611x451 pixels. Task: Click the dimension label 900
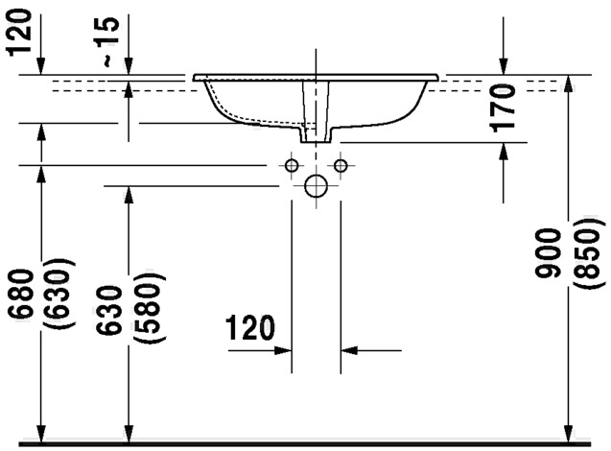coord(548,253)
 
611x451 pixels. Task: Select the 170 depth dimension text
coord(503,107)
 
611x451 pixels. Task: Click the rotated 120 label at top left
coord(19,33)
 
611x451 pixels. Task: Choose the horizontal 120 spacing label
coord(250,328)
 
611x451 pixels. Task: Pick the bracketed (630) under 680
coord(60,293)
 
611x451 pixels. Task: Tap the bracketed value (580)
coord(150,308)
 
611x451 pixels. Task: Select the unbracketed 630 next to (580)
coord(110,310)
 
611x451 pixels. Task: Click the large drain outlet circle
coord(316,186)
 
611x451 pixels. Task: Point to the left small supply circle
coord(292,166)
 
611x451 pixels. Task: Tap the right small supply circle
coord(341,166)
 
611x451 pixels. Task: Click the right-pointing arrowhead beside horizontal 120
coord(283,350)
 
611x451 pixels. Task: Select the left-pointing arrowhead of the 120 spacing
coord(349,350)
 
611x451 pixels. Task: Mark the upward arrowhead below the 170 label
coord(503,152)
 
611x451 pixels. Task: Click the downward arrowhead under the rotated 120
coord(41,65)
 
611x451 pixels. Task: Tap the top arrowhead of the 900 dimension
coord(570,83)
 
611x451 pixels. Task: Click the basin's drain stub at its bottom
coord(316,135)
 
